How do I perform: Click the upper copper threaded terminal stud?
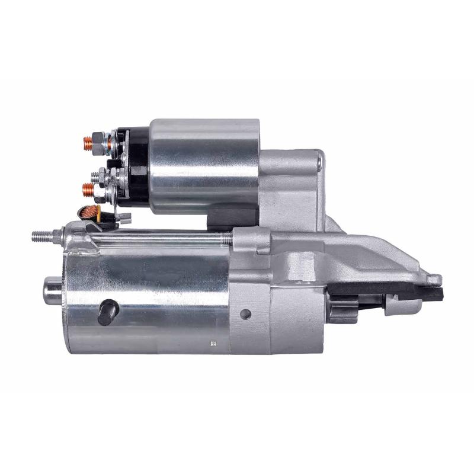point(87,142)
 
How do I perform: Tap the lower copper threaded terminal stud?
point(87,190)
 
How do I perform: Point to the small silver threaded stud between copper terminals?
point(95,175)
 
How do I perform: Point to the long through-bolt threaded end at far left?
point(41,236)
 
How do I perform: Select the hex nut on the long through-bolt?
point(57,236)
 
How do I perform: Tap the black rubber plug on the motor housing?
point(108,312)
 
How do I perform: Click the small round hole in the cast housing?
point(246,313)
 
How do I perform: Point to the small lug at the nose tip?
point(434,279)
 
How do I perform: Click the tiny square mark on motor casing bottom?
point(212,342)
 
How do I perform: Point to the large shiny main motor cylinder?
point(148,296)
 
